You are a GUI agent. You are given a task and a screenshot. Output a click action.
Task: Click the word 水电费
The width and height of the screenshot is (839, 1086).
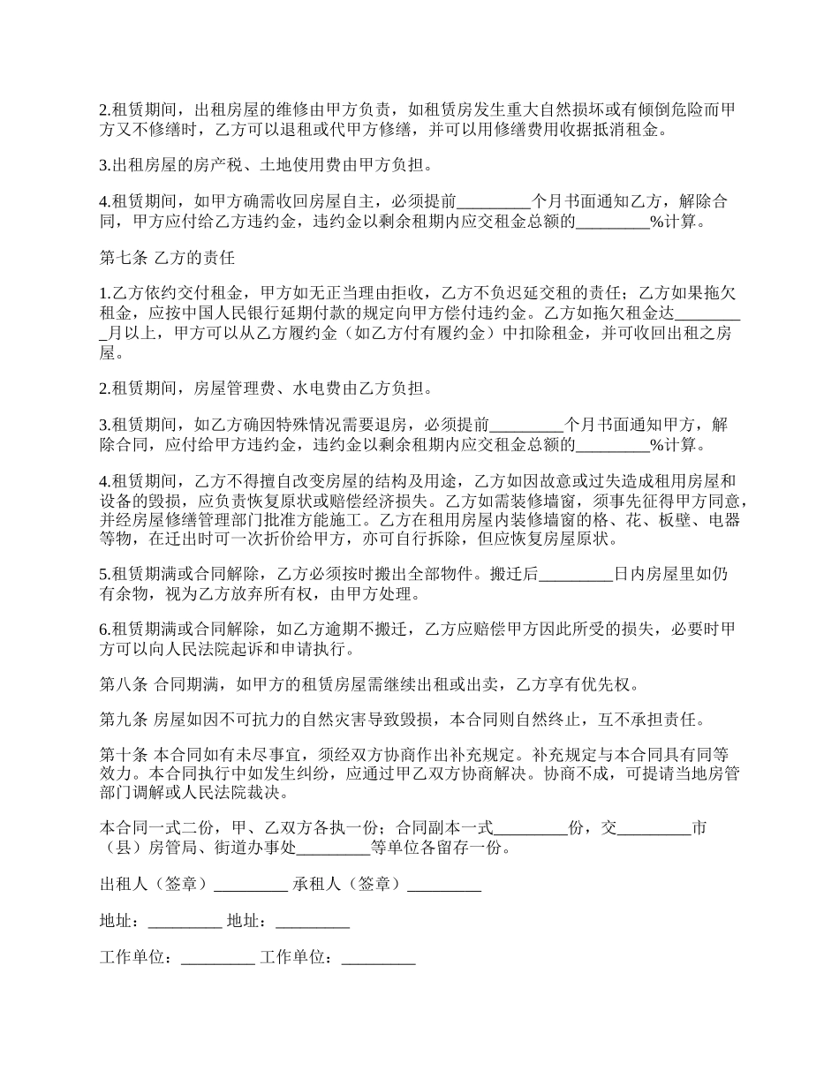pyautogui.click(x=306, y=388)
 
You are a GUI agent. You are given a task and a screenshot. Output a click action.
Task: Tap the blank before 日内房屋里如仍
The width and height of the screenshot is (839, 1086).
pyautogui.click(x=575, y=575)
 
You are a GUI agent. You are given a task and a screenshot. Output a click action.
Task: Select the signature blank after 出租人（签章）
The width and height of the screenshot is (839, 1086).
pyautogui.click(x=251, y=884)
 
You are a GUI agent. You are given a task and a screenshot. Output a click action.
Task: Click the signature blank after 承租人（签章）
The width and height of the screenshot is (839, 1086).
pyautogui.click(x=444, y=884)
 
